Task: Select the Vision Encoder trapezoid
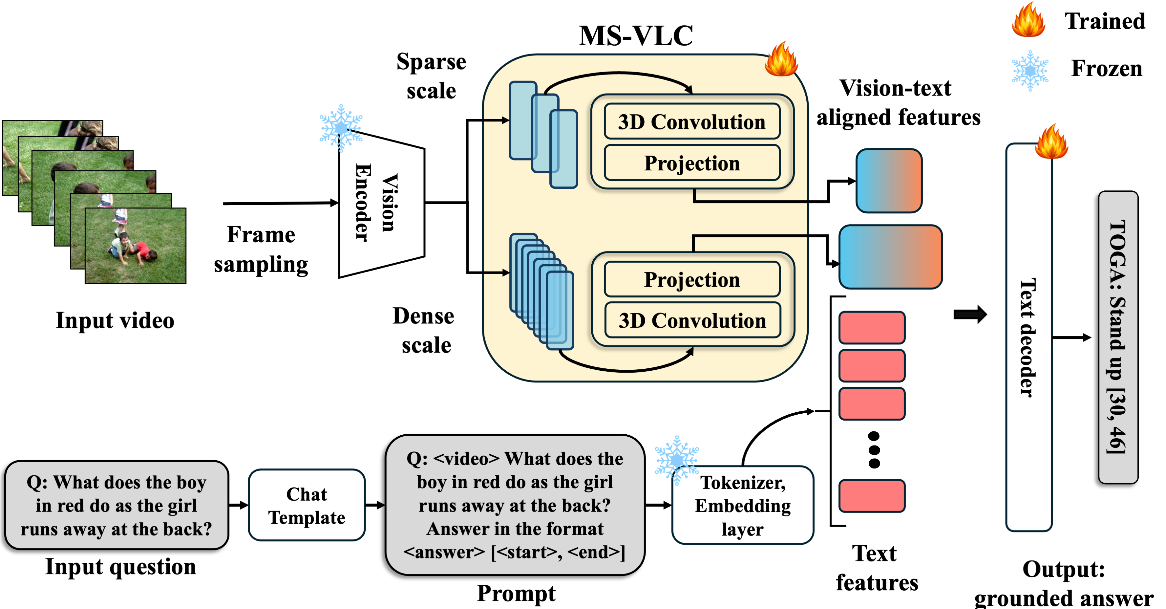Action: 382,204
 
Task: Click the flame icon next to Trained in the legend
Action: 1028,20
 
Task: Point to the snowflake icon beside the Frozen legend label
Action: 1030,71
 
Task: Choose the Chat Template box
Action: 307,505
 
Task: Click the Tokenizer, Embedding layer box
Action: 742,505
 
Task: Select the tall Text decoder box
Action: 1028,337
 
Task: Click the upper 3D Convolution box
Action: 692,122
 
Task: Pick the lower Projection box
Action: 692,279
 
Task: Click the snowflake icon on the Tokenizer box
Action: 676,459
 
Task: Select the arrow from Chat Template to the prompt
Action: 375,505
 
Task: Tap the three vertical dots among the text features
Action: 874,450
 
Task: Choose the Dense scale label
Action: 424,330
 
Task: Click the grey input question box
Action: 116,505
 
